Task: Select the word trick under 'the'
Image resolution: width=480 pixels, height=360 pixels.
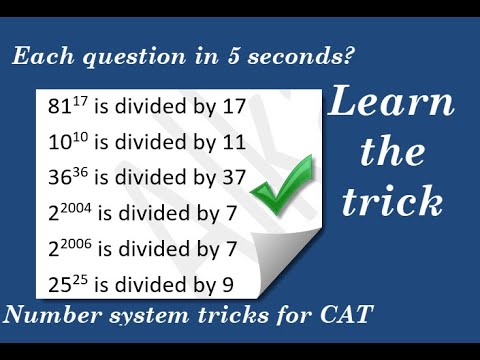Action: [392, 202]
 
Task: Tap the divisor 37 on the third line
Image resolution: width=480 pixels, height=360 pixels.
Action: [233, 178]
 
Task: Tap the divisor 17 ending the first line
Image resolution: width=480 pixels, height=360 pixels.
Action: [233, 106]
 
